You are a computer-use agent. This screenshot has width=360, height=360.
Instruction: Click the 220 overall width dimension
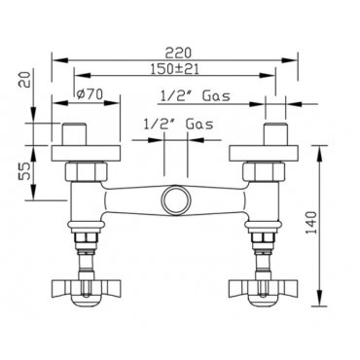[178, 53]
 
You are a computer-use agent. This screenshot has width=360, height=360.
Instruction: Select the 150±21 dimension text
[175, 69]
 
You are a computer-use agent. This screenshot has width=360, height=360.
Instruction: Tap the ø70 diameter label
[90, 94]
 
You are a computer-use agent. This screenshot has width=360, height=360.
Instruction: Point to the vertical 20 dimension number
[25, 79]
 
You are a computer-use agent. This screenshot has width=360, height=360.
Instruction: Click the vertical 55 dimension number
[24, 171]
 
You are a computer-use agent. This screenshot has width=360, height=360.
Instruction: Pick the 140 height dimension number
[311, 223]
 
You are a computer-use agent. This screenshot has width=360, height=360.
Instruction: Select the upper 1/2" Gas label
[196, 96]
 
